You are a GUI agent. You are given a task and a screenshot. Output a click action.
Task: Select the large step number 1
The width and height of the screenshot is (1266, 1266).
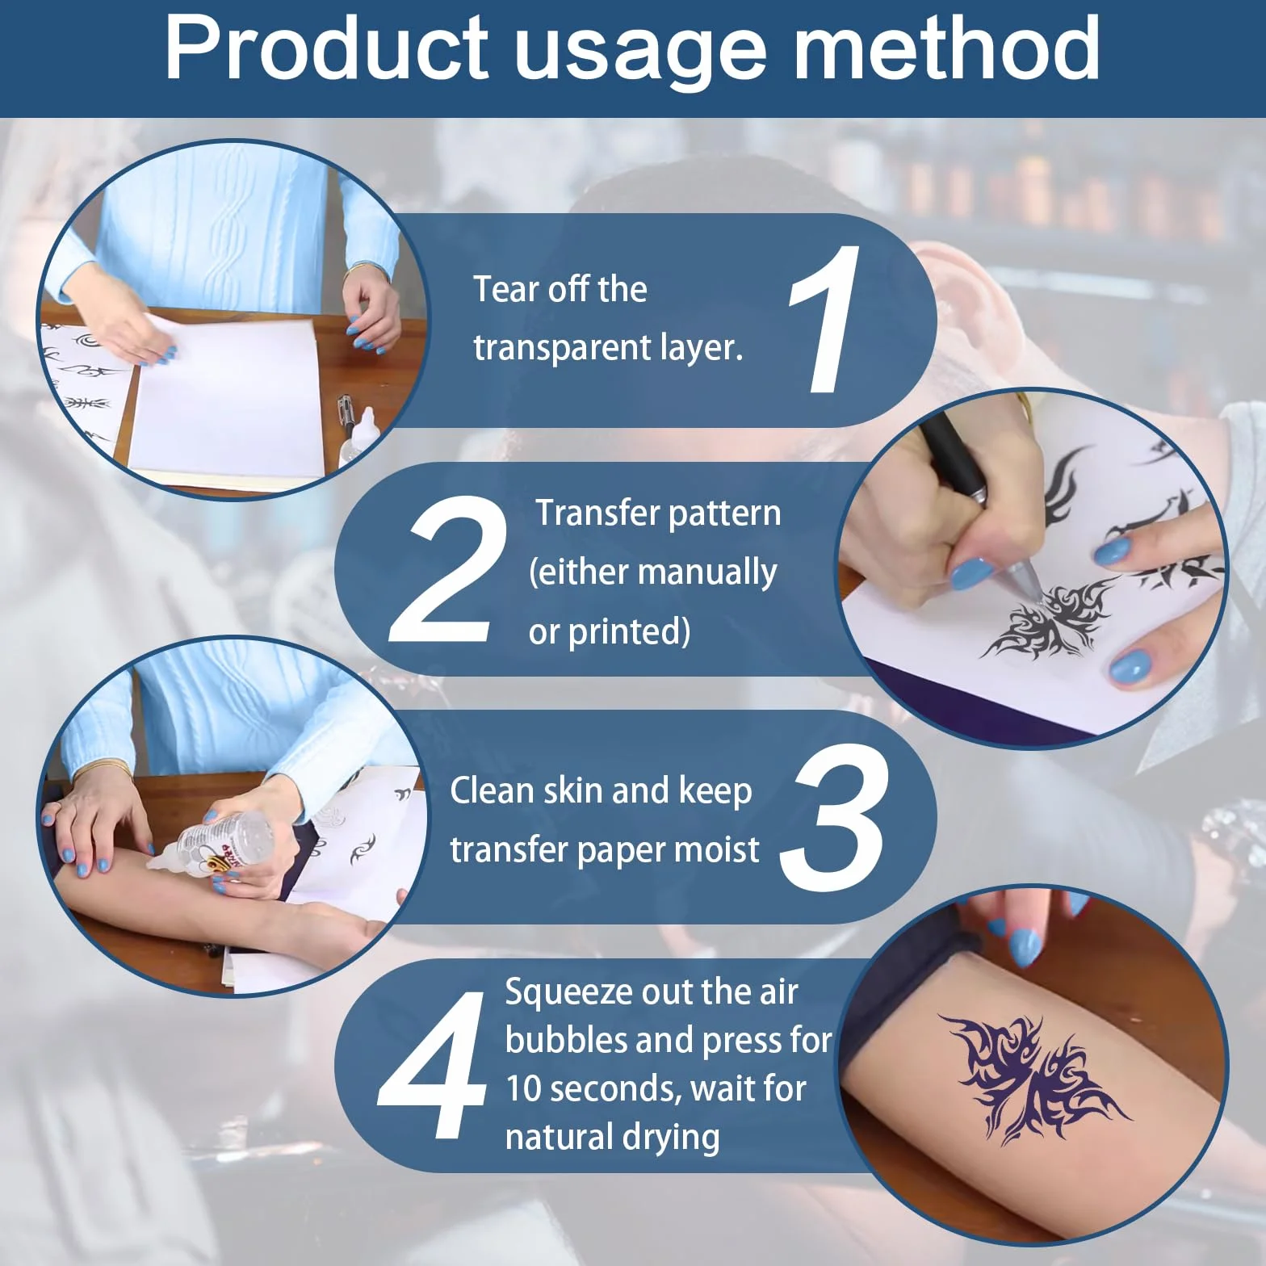[x=825, y=320]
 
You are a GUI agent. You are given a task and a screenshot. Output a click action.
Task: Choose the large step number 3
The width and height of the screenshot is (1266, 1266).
[x=835, y=818]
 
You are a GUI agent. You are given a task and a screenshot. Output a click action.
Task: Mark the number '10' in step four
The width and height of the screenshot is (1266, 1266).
[x=523, y=1088]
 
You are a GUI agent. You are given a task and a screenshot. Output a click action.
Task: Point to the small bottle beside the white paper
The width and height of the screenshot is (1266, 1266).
[x=361, y=440]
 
